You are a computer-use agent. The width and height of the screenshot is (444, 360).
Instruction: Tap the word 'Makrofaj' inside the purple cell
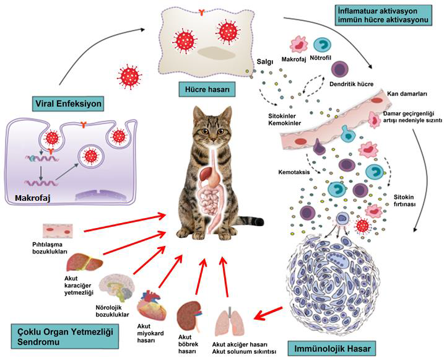tap(33, 199)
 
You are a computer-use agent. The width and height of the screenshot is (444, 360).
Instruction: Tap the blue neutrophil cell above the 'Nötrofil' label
tap(322, 45)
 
